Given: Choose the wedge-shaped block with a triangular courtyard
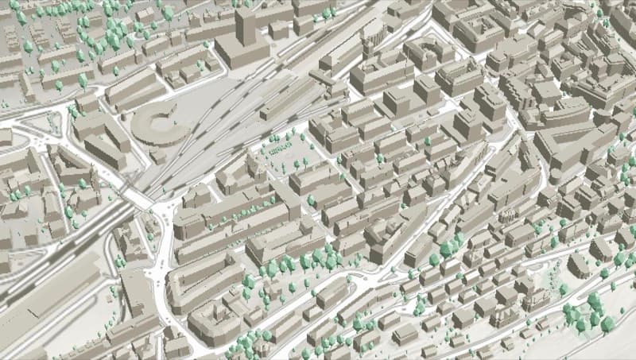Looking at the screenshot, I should point(564,151).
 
